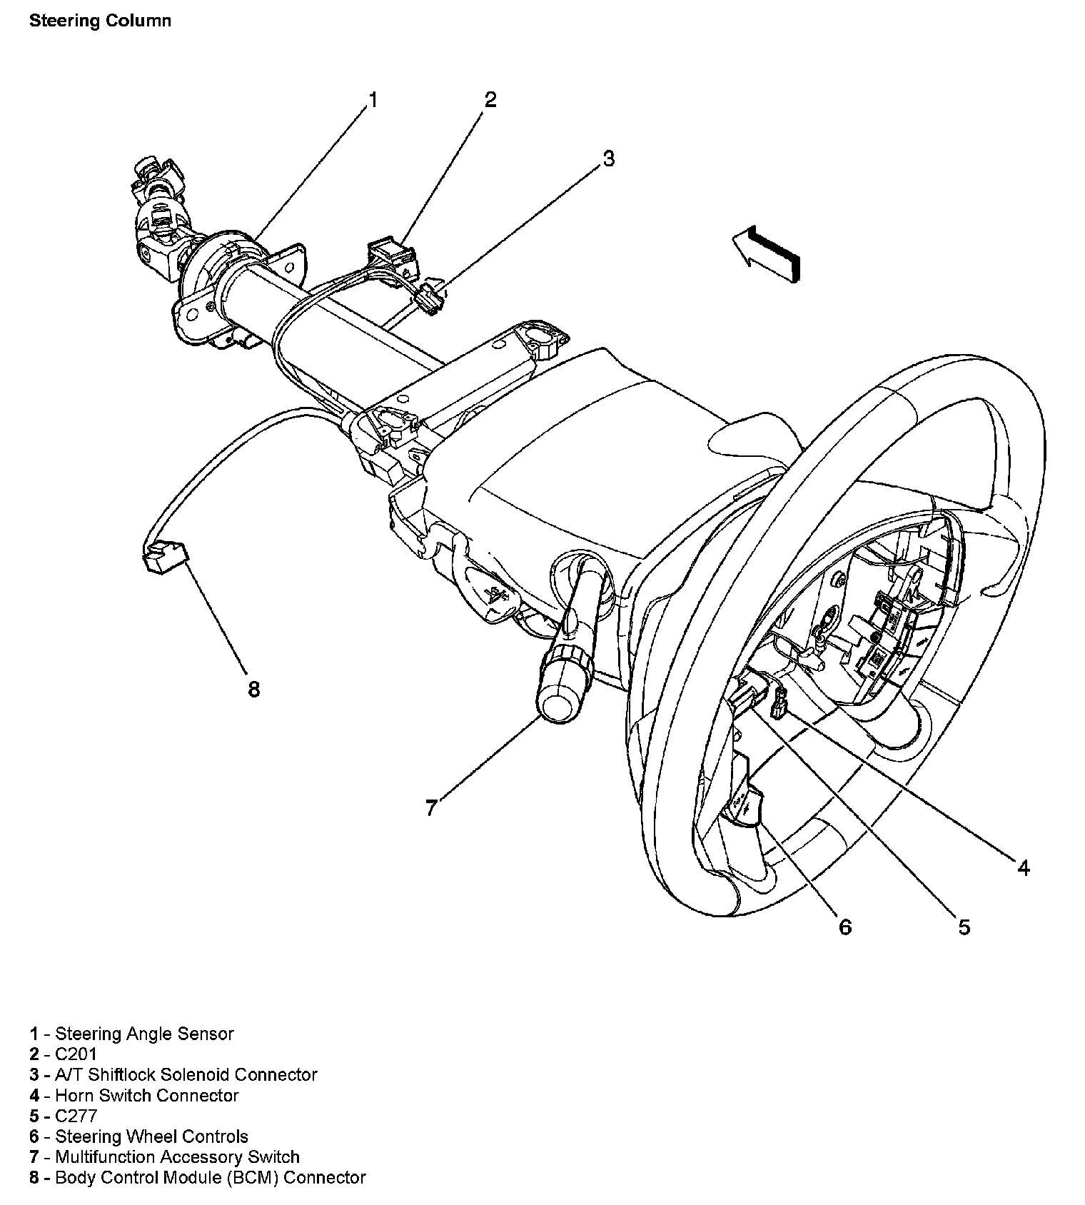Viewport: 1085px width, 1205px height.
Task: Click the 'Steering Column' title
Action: pyautogui.click(x=100, y=20)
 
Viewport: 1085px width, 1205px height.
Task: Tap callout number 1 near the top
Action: pyautogui.click(x=372, y=100)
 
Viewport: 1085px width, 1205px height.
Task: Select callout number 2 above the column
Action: pyautogui.click(x=490, y=100)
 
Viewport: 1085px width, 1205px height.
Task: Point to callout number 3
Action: pyautogui.click(x=608, y=158)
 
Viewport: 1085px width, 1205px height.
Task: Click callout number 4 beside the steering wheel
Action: pyautogui.click(x=1023, y=867)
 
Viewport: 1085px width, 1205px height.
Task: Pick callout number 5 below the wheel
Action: pyautogui.click(x=964, y=927)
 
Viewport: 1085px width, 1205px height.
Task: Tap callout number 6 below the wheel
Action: pyautogui.click(x=844, y=927)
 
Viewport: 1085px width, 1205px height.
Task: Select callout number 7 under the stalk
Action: pyautogui.click(x=430, y=808)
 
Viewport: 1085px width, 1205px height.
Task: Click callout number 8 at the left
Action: pyautogui.click(x=253, y=690)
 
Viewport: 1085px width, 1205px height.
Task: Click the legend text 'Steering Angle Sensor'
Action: pyautogui.click(x=144, y=1033)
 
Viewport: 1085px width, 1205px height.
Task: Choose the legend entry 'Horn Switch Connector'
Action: pyautogui.click(x=146, y=1095)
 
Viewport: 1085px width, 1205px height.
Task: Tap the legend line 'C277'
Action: pyautogui.click(x=76, y=1116)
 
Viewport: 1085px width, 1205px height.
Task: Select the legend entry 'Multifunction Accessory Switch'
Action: pyautogui.click(x=177, y=1156)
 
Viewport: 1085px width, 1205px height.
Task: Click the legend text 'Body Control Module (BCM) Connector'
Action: pyautogui.click(x=210, y=1177)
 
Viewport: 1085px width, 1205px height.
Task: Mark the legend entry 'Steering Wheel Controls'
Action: pyautogui.click(x=151, y=1136)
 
